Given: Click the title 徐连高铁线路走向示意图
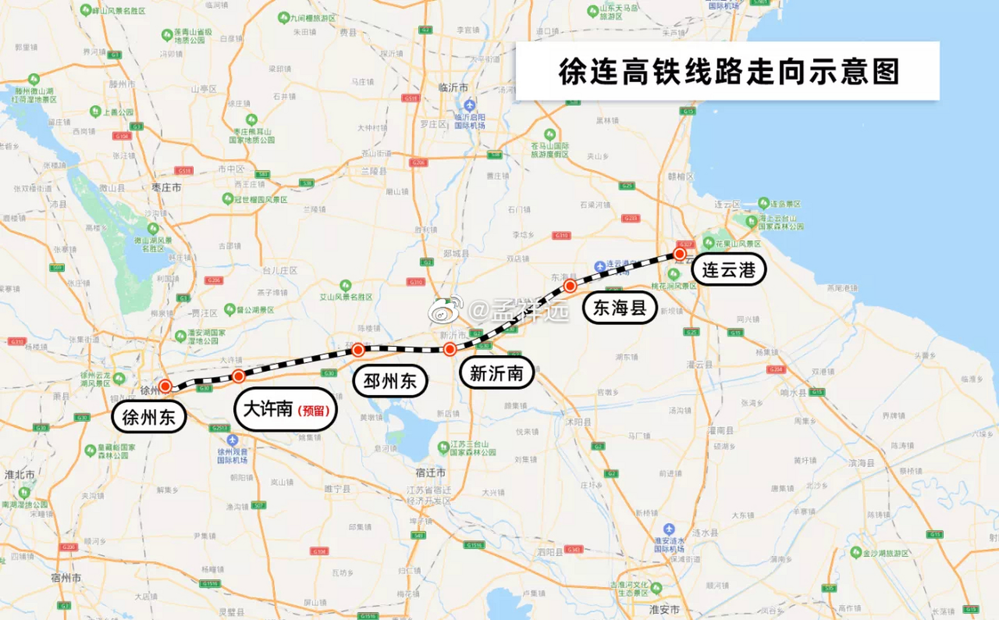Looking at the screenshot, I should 728,72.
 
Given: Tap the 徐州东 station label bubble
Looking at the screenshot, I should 149,417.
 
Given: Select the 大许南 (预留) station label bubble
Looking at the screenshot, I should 285,410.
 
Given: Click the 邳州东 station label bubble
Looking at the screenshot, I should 390,381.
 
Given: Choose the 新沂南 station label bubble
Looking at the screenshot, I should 496,373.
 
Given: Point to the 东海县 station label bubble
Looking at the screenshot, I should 619,308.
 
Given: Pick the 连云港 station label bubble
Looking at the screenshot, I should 728,269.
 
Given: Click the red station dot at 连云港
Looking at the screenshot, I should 680,254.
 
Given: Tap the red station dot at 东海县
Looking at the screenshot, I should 570,285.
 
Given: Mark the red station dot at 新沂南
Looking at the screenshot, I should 449,349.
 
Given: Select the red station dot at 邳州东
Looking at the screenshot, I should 358,349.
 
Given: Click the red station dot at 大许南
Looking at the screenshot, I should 238,376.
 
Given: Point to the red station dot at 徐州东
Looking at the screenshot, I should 166,386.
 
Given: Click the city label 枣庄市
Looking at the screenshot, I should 166,187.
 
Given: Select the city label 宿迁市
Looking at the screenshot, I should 430,472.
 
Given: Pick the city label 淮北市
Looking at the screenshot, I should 19,474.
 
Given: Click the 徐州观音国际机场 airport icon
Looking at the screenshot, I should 232,440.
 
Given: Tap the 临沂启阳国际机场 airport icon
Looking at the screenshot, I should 469,105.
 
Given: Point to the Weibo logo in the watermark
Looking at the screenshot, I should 445,310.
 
